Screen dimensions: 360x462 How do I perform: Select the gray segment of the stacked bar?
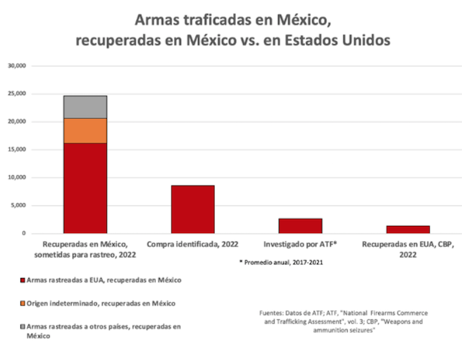tap(85, 107)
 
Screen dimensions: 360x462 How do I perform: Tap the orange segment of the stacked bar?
tap(85, 131)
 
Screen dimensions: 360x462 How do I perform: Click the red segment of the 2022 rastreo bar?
tap(85, 188)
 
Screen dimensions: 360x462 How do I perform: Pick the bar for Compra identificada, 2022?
tap(193, 209)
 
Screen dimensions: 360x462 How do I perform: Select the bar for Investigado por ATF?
tap(300, 226)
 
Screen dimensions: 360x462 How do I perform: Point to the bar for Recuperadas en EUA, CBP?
tap(408, 229)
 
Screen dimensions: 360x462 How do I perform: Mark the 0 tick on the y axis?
tap(23, 233)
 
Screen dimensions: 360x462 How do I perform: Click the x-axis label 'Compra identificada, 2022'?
tap(193, 244)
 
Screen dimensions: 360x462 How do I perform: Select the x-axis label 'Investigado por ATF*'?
tap(300, 244)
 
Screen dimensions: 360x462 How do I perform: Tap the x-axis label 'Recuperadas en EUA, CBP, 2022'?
tap(408, 249)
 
